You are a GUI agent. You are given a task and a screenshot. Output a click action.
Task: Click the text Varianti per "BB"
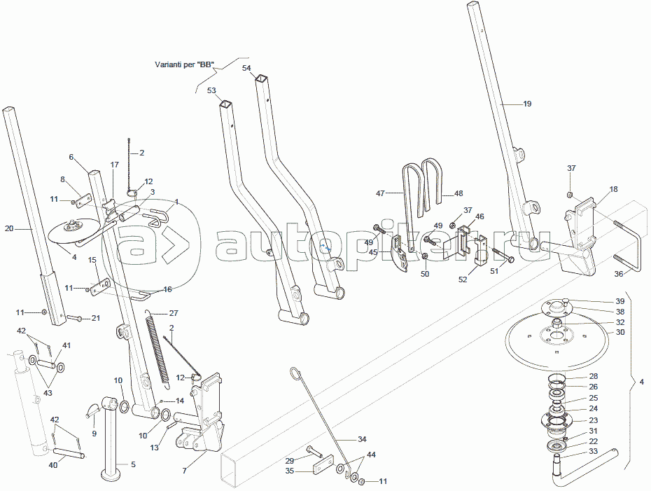pyautogui.click(x=184, y=64)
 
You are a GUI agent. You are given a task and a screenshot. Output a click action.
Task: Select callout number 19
pyautogui.click(x=527, y=104)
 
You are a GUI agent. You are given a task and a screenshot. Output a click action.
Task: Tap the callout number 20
pyautogui.click(x=9, y=228)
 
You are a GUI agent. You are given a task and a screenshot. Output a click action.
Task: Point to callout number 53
pyautogui.click(x=211, y=90)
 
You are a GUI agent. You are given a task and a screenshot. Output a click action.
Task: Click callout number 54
pyautogui.click(x=246, y=68)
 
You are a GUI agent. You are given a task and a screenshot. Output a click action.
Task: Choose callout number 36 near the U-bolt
pyautogui.click(x=618, y=274)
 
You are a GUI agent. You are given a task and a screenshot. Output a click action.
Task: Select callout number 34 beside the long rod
pyautogui.click(x=362, y=439)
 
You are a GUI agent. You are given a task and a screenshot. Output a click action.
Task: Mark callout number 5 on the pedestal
pyautogui.click(x=133, y=464)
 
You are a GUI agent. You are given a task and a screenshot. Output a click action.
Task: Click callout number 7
pyautogui.click(x=184, y=471)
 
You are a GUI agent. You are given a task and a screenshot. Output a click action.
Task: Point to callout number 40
pyautogui.click(x=53, y=464)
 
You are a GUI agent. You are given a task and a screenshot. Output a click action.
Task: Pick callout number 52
pyautogui.click(x=463, y=279)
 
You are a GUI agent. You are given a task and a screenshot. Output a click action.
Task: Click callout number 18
pyautogui.click(x=613, y=189)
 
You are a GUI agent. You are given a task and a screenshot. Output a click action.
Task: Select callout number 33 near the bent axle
pyautogui.click(x=593, y=451)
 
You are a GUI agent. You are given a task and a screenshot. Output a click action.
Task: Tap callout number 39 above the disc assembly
pyautogui.click(x=620, y=300)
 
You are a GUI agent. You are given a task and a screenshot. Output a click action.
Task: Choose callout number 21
pyautogui.click(x=96, y=318)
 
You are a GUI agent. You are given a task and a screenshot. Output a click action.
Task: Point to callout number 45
pyautogui.click(x=374, y=252)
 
